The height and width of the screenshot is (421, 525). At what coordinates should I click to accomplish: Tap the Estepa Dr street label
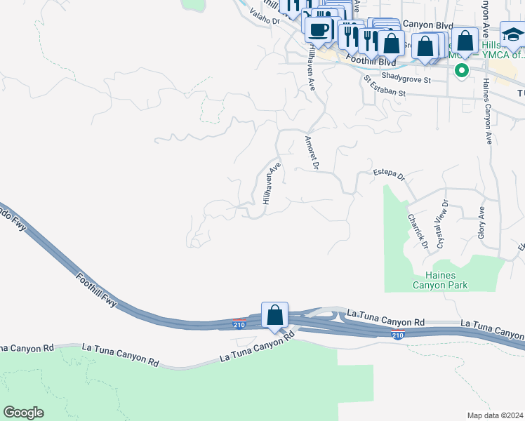tap(390, 173)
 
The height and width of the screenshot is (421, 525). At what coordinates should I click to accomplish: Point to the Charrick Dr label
tap(417, 231)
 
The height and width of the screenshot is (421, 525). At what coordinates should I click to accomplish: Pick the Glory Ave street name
tap(481, 223)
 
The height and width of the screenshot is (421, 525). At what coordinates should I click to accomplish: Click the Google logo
tap(23, 412)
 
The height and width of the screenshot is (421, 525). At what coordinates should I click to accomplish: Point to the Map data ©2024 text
tap(495, 415)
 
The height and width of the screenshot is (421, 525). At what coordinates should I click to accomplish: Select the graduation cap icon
tap(513, 34)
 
